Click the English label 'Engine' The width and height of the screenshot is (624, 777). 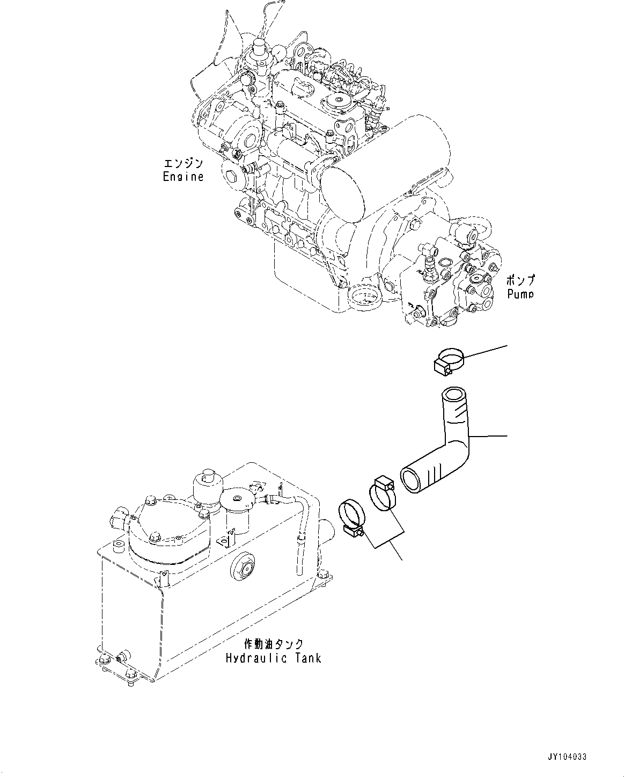183,177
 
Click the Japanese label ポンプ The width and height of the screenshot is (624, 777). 520,280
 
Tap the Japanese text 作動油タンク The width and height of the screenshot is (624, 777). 274,644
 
